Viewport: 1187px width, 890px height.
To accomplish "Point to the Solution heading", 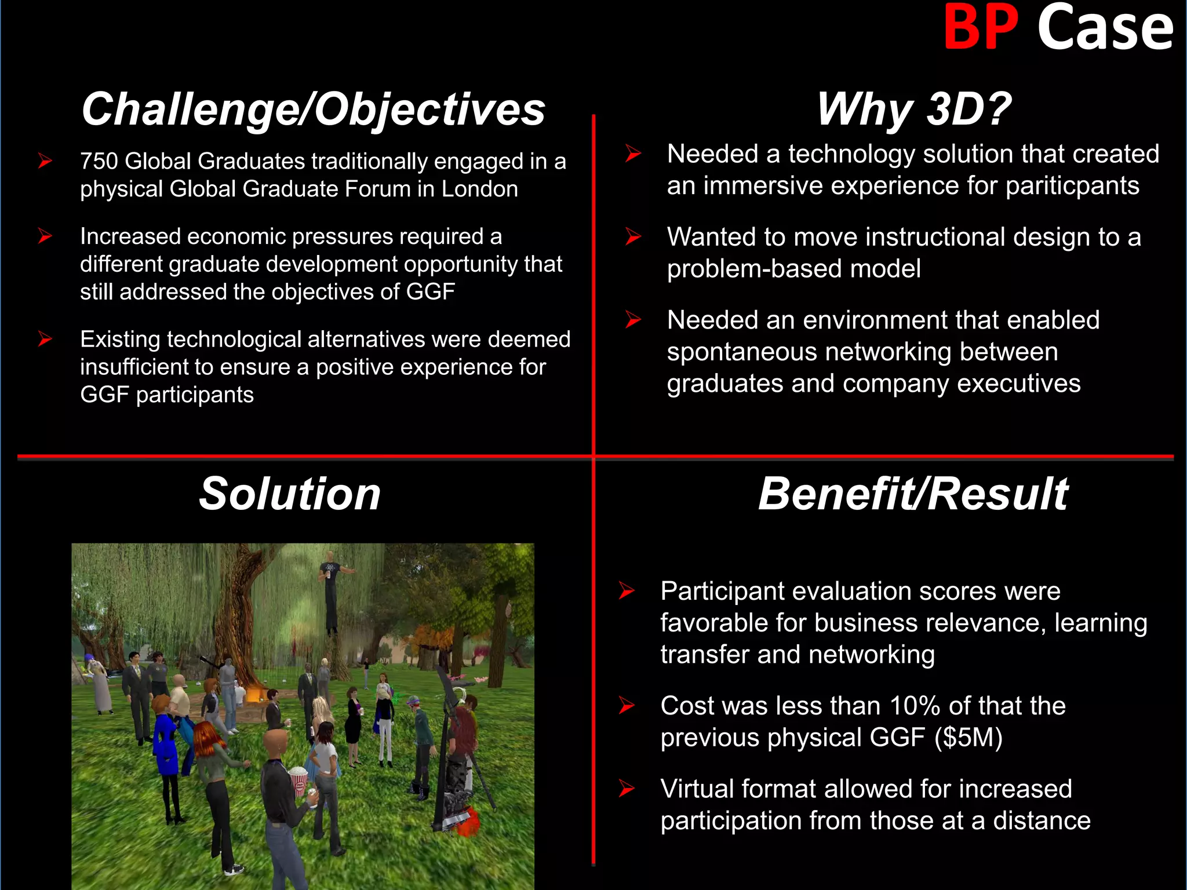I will pos(290,494).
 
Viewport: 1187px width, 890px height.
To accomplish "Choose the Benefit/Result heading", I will pos(913,494).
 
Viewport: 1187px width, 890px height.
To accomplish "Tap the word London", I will pos(479,189).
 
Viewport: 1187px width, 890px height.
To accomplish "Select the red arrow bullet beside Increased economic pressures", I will pos(45,236).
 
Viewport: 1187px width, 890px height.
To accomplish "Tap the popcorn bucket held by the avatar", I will pos(298,779).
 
